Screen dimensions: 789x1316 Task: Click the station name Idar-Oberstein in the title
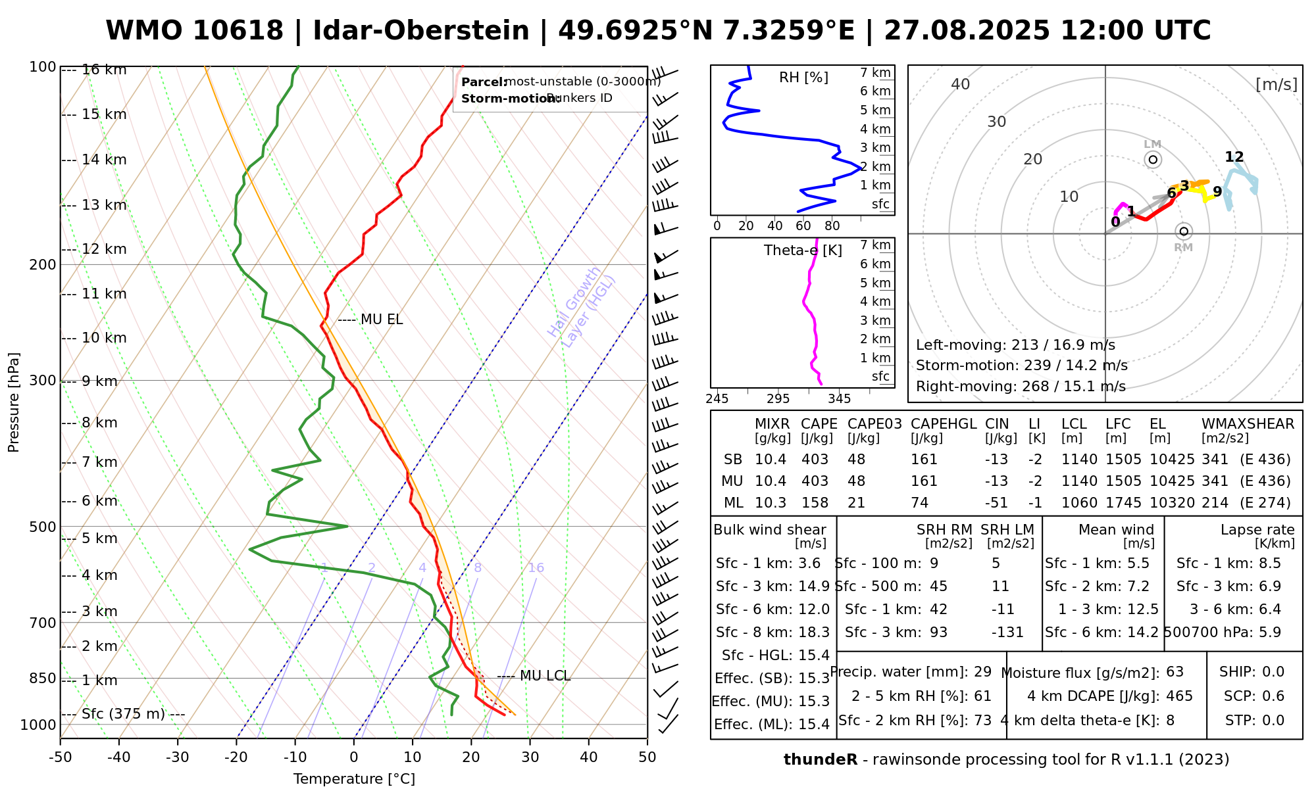pyautogui.click(x=420, y=31)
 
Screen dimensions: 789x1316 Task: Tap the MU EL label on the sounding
pyautogui.click(x=382, y=320)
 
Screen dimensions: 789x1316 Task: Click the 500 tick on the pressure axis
pyautogui.click(x=43, y=527)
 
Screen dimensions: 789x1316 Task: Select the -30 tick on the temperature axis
pyautogui.click(x=178, y=757)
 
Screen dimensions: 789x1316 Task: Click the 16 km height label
pyautogui.click(x=104, y=70)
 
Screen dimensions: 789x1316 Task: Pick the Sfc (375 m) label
pyautogui.click(x=123, y=714)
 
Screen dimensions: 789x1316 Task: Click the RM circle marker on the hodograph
pyautogui.click(x=1184, y=231)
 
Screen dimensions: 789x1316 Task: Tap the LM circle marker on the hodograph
pyautogui.click(x=1153, y=160)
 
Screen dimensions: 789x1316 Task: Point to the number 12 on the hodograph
pyautogui.click(x=1234, y=157)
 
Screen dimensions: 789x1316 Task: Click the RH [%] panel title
pyautogui.click(x=803, y=78)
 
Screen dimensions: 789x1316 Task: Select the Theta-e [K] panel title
pyautogui.click(x=803, y=251)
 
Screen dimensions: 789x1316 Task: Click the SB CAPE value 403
pyautogui.click(x=815, y=460)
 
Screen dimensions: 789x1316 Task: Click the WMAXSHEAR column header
pyautogui.click(x=1248, y=424)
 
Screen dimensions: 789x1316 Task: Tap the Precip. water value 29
pyautogui.click(x=982, y=672)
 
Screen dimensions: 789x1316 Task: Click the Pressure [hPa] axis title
pyautogui.click(x=14, y=402)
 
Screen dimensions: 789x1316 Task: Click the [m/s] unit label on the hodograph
pyautogui.click(x=1276, y=84)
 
